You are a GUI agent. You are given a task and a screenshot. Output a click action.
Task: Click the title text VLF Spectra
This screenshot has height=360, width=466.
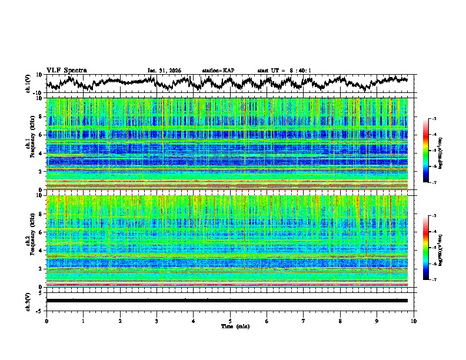(66, 70)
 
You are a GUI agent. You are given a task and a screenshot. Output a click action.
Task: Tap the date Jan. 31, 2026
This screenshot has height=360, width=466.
(164, 71)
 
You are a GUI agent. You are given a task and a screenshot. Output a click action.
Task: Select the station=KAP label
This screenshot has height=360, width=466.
(218, 71)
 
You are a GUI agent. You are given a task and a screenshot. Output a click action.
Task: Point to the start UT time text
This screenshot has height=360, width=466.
(284, 71)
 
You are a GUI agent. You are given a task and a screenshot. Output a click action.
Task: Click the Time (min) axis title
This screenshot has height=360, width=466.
(234, 326)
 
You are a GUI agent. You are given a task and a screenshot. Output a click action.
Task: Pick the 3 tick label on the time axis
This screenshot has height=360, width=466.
(157, 321)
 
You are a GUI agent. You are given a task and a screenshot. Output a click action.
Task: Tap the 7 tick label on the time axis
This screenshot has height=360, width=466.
(304, 321)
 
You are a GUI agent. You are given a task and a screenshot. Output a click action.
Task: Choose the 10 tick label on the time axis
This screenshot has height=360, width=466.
(414, 321)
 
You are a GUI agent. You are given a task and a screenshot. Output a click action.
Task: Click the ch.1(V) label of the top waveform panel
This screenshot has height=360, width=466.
(27, 83)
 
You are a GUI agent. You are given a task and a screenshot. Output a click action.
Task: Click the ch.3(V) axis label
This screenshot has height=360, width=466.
(27, 301)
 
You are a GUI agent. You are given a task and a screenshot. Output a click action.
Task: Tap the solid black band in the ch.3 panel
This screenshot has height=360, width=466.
(227, 301)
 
